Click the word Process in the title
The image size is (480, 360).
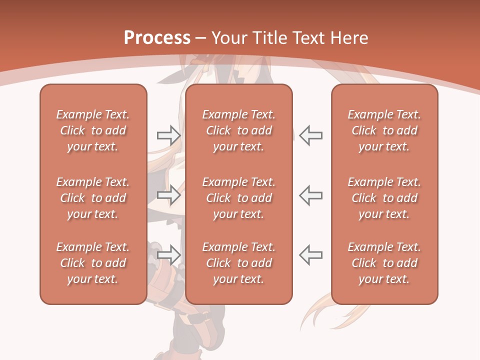[157, 38]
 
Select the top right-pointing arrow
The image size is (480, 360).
[168, 135]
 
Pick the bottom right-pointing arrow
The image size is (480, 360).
[168, 254]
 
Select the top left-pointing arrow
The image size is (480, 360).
[310, 135]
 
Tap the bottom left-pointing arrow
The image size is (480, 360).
[310, 254]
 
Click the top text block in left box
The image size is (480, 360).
[93, 130]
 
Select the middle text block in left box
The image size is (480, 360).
[93, 198]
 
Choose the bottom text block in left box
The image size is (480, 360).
[93, 263]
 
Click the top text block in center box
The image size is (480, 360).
[238, 130]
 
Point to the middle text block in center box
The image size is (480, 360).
[238, 198]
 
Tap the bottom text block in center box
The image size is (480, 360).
[238, 263]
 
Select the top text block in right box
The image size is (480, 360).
[384, 130]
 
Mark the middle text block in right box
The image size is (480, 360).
[384, 198]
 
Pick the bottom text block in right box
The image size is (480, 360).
[384, 263]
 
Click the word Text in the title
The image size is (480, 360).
[308, 38]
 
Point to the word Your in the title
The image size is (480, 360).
[227, 38]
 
